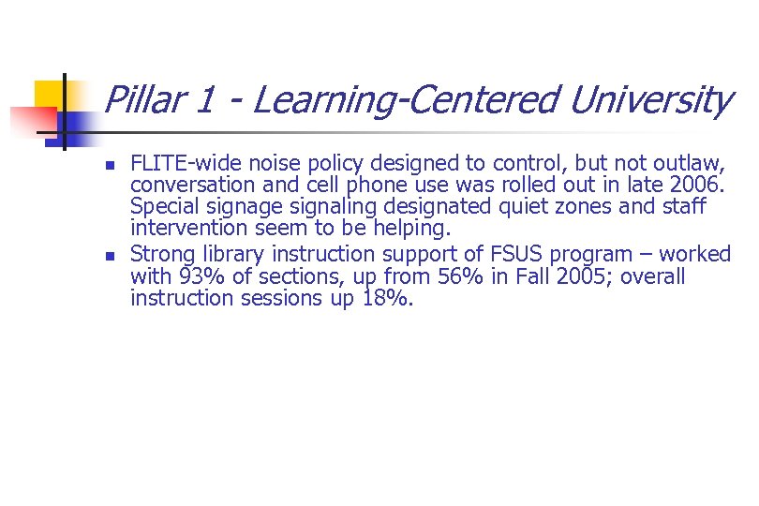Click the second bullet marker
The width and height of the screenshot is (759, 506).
coord(111,254)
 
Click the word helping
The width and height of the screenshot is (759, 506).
coord(413,230)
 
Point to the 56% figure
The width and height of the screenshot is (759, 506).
coord(400,276)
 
